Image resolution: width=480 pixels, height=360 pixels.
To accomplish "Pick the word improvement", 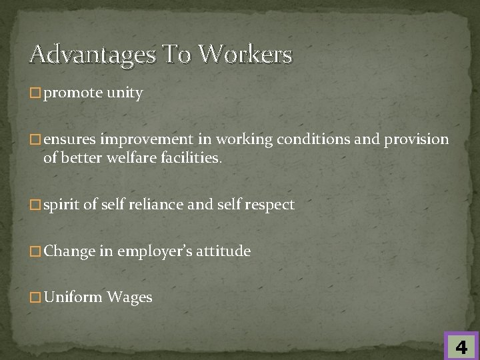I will point(145,139).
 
